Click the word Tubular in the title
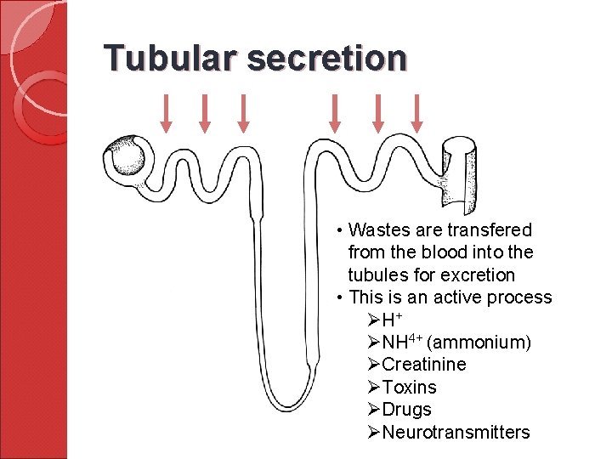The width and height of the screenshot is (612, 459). (x=170, y=58)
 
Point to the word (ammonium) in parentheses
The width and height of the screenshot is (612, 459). (x=479, y=343)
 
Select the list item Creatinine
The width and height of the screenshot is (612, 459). (x=423, y=365)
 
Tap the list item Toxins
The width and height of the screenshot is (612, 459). (x=409, y=388)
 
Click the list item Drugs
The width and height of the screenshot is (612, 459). (x=406, y=410)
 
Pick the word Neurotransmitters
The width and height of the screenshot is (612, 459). (x=456, y=433)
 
